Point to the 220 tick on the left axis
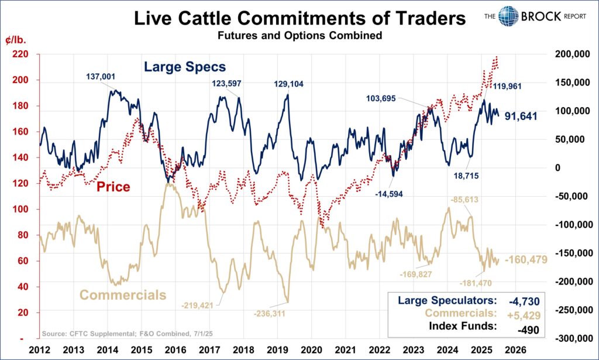[23, 54]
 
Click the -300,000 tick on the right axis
[572, 339]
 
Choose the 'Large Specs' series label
[185, 67]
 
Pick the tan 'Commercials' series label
[123, 295]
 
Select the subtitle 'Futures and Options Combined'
[299, 36]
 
